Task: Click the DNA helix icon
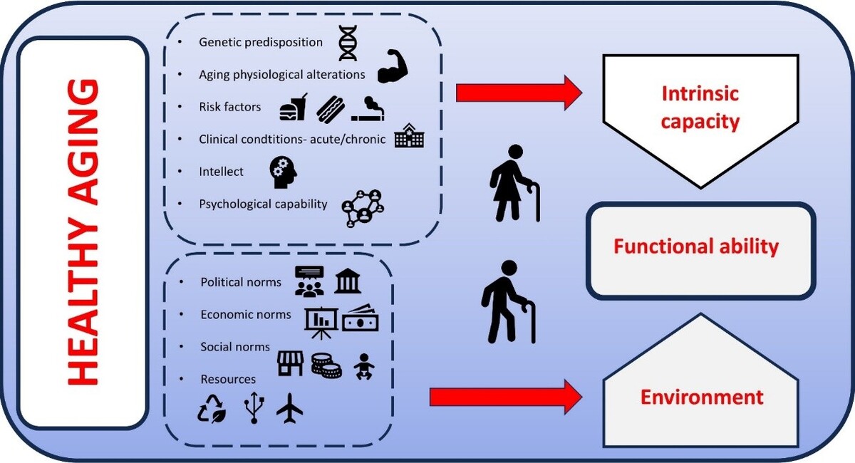(x=348, y=43)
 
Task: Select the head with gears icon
(x=283, y=172)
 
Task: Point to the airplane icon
(x=289, y=409)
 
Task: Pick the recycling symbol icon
(x=212, y=410)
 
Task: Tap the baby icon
(x=364, y=366)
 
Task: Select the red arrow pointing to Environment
(x=506, y=396)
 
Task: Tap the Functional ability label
(x=696, y=247)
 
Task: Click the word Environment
(x=701, y=397)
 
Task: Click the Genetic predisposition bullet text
(x=261, y=42)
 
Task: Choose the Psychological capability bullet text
(x=263, y=204)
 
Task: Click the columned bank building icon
(x=347, y=281)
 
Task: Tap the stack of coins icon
(x=326, y=365)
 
